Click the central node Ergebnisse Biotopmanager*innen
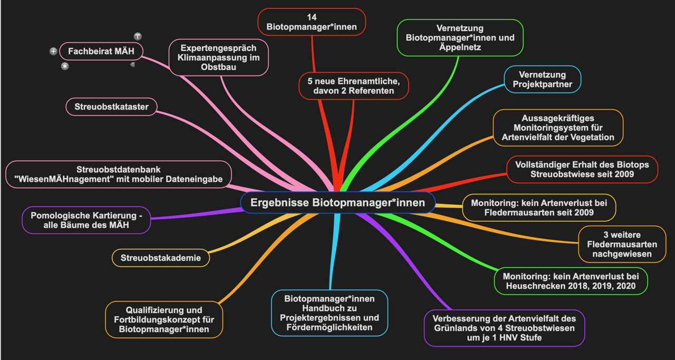click(337, 202)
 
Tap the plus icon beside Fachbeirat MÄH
click(53, 51)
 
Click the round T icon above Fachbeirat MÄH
click(138, 36)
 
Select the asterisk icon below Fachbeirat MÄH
click(65, 66)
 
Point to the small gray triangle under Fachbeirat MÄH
click(132, 64)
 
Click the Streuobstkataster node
click(111, 106)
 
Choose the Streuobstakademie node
click(161, 258)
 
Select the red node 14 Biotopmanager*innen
click(312, 22)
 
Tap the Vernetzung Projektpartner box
click(542, 80)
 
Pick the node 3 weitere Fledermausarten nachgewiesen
click(622, 244)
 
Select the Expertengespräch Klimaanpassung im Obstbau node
click(218, 57)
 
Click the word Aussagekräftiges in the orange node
click(558, 118)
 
